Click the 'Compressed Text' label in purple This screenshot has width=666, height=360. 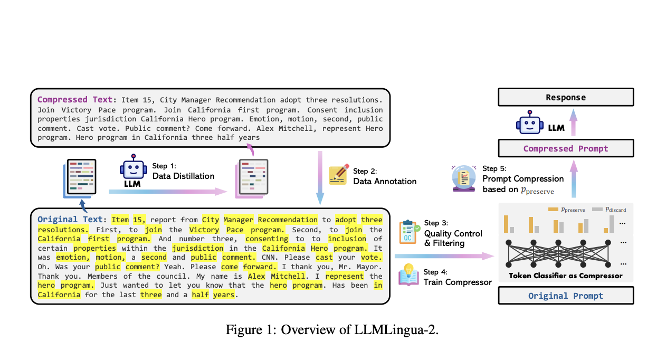(74, 100)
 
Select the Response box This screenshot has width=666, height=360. (566, 98)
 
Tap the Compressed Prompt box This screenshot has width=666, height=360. (566, 148)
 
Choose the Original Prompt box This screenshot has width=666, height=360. (566, 296)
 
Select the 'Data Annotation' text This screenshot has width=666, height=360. (385, 181)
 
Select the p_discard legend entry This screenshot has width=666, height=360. (609, 210)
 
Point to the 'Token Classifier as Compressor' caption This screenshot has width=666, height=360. (566, 276)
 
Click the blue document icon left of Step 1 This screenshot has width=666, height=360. (80, 178)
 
